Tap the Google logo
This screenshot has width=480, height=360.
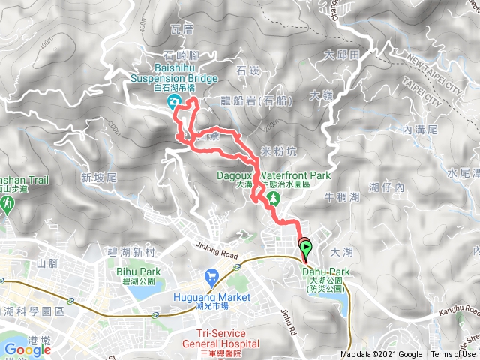(x=28, y=349)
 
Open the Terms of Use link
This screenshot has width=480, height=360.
(x=453, y=355)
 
